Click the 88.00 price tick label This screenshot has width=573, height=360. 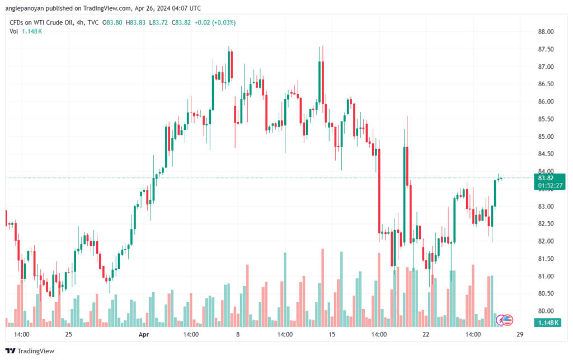point(546,32)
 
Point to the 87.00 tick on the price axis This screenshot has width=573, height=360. point(546,67)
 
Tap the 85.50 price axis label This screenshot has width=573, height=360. point(546,119)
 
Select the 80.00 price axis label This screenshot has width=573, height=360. point(546,311)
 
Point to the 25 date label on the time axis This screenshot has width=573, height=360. point(69,335)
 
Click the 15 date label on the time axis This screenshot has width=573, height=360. point(332,335)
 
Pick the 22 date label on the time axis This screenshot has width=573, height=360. point(426,335)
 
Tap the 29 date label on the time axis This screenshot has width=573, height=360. point(520,335)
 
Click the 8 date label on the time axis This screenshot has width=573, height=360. point(238,335)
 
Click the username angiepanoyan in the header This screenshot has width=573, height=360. point(29,8)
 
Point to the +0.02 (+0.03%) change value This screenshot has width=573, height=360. point(215,22)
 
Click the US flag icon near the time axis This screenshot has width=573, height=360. point(508,320)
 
